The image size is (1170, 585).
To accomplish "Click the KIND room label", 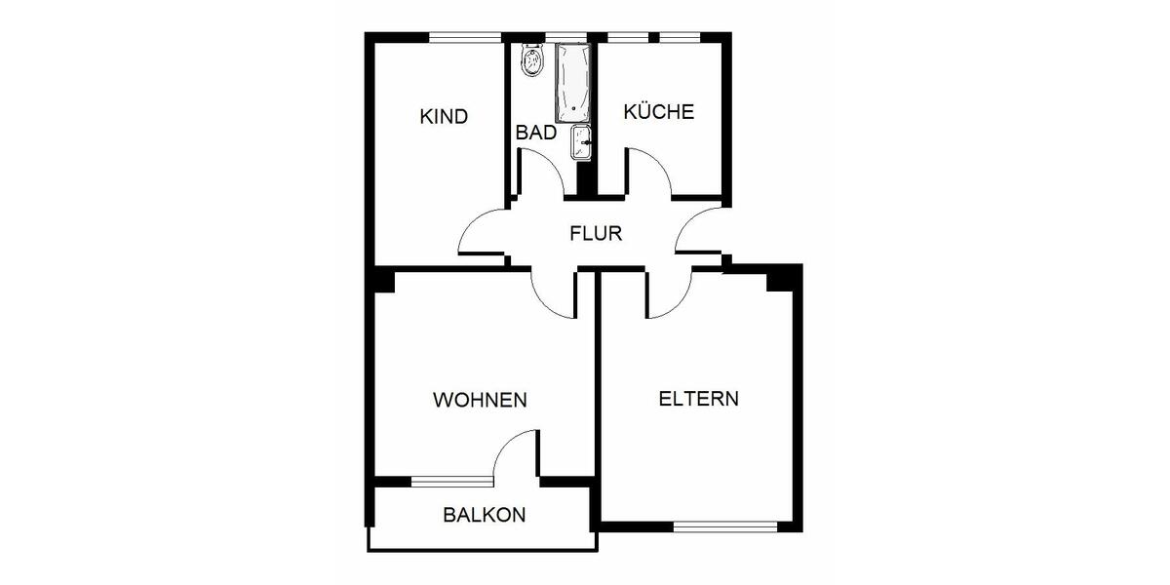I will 444,117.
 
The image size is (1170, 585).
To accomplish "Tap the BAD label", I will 535,133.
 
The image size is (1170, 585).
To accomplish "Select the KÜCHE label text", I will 659,111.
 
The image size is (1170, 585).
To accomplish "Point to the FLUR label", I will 596,234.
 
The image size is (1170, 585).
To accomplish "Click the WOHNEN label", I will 480,400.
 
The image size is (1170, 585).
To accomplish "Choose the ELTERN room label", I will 698,399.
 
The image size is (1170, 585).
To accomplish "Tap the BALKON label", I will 485,515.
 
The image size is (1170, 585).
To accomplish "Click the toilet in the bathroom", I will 532,61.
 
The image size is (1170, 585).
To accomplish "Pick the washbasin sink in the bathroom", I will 580,142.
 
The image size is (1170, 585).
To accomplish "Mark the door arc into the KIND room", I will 481,235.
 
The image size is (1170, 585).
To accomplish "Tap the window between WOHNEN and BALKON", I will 452,481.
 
